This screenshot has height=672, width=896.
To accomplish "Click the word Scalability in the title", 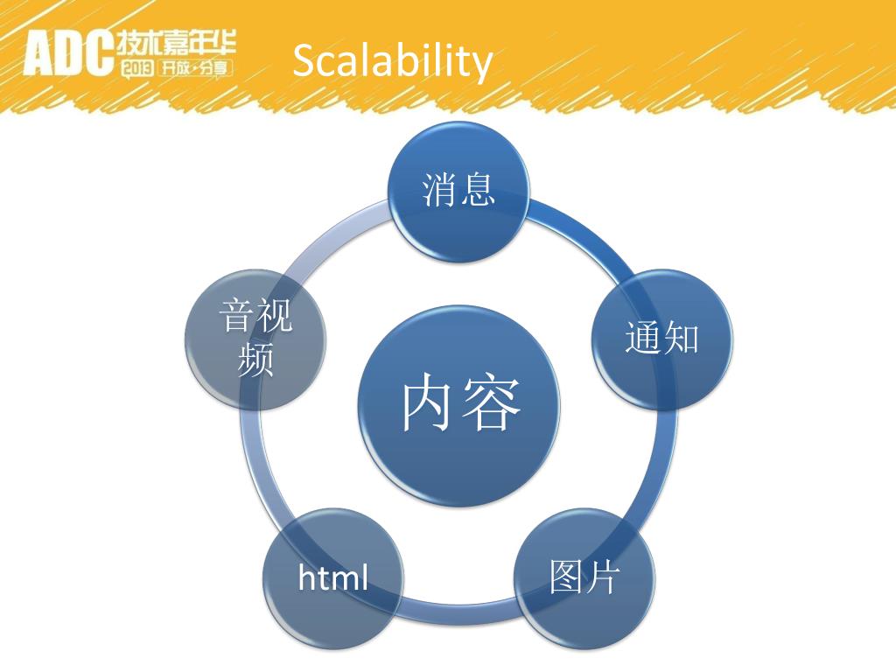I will [x=392, y=61].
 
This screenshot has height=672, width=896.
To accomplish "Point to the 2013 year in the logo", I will [x=137, y=67].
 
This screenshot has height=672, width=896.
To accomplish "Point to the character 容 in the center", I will [x=492, y=402].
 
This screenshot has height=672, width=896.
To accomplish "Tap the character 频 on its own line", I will [x=255, y=359].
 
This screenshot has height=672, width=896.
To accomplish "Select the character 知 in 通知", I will [x=682, y=338].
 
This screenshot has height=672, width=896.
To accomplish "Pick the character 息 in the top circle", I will [x=479, y=188].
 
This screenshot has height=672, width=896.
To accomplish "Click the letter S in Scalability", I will [x=303, y=61].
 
